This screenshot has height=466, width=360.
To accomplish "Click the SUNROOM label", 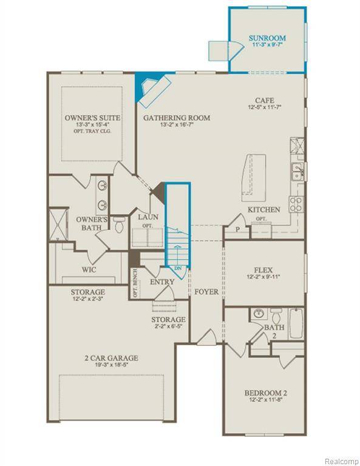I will pyautogui.click(x=267, y=38).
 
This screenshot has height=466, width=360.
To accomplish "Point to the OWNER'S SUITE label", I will pyautogui.click(x=92, y=117).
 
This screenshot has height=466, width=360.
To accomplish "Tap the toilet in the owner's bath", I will pyautogui.click(x=120, y=225).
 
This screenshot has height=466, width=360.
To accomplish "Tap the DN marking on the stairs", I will pyautogui.click(x=178, y=267).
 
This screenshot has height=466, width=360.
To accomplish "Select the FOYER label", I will pyautogui.click(x=206, y=292).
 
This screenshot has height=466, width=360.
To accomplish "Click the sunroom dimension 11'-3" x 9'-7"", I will pyautogui.click(x=267, y=46).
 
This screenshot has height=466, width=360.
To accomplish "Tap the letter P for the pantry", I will pyautogui.click(x=231, y=229).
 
